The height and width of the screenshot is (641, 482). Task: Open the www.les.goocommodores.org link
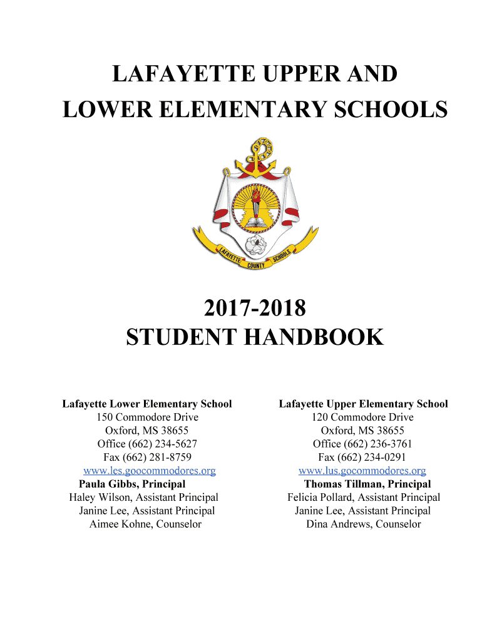(x=150, y=471)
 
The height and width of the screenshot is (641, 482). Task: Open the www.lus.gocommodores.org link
(x=362, y=471)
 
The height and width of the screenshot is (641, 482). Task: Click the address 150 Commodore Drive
(x=147, y=418)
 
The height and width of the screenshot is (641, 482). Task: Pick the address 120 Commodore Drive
(x=362, y=418)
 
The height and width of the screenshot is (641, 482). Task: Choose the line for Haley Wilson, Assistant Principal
(x=143, y=498)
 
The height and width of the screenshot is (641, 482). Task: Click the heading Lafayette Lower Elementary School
(x=147, y=404)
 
